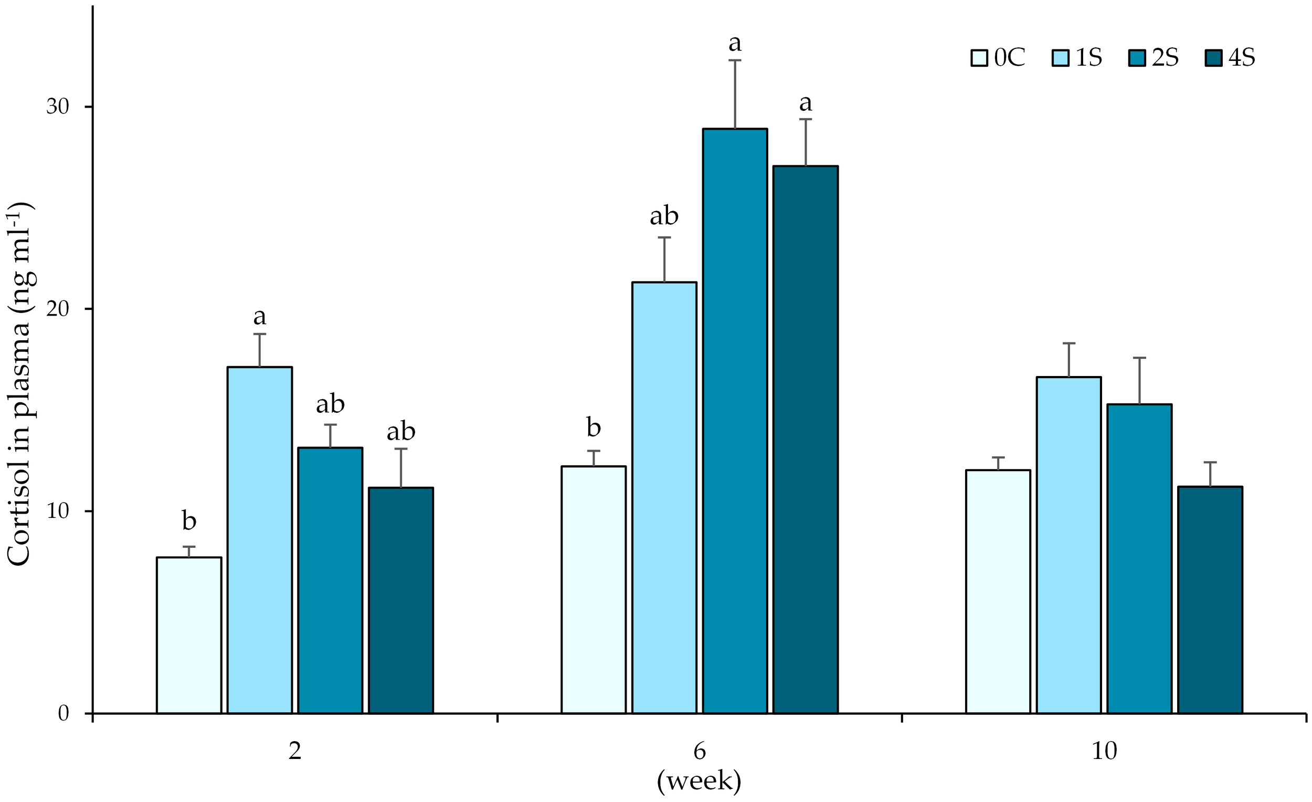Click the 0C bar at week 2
(x=188, y=634)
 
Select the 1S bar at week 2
(x=259, y=539)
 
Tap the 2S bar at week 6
(x=735, y=421)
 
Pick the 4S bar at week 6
(x=805, y=439)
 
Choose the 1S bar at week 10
(x=1068, y=545)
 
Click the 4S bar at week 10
(x=1210, y=599)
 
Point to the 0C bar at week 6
(x=593, y=589)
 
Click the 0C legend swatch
(x=979, y=58)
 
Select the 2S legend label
(x=1165, y=58)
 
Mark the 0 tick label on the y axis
(x=64, y=714)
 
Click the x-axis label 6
(x=699, y=752)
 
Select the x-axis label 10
(x=1104, y=752)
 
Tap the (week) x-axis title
(x=699, y=781)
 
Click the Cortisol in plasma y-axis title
(x=20, y=384)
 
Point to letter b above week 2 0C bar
(x=189, y=520)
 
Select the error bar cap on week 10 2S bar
(x=1139, y=358)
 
